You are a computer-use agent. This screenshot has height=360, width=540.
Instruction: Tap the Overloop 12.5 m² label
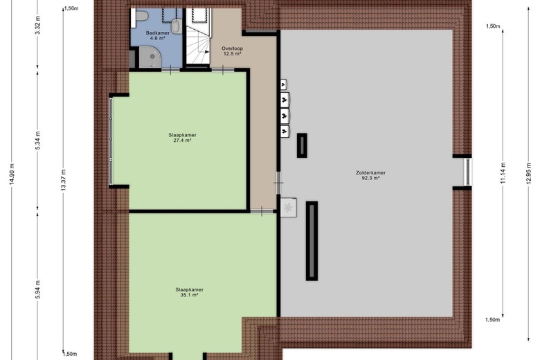tap(232, 51)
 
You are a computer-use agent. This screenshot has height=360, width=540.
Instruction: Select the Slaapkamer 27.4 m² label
tap(182, 138)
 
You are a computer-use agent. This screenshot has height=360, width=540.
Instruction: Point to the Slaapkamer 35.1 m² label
tap(189, 292)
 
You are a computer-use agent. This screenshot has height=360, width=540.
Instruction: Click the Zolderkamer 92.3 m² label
tap(370, 175)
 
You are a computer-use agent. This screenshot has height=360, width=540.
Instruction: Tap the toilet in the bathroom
tap(141, 16)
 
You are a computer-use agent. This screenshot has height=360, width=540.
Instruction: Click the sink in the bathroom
tap(177, 26)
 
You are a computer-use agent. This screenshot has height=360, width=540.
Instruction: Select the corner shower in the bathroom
tap(150, 57)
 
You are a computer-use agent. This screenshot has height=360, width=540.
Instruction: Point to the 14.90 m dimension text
tap(12, 174)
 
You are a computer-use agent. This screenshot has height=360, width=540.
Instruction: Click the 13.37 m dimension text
tap(63, 181)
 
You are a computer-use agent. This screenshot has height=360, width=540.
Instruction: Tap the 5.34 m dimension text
tap(38, 141)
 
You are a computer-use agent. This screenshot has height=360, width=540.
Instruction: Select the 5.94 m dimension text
tap(38, 289)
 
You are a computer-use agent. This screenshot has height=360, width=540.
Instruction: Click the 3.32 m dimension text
tap(38, 25)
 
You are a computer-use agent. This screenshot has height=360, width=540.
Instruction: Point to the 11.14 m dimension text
tap(503, 173)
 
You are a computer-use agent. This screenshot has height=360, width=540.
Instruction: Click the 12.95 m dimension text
tap(529, 173)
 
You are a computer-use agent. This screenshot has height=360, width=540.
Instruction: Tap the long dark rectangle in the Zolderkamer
tap(312, 241)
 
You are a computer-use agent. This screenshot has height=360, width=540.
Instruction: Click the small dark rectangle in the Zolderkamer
tap(302, 145)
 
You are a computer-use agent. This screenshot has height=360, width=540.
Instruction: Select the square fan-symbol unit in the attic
tap(288, 208)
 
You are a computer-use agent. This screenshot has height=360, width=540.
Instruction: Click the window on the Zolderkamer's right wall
tap(468, 172)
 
